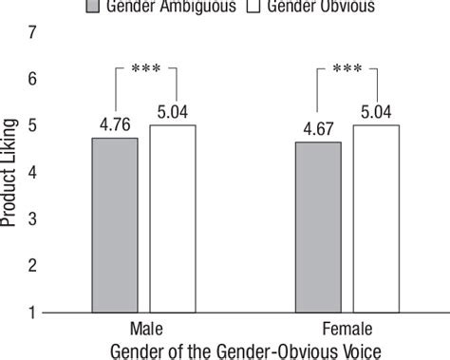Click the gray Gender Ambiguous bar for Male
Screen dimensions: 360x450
pos(115,224)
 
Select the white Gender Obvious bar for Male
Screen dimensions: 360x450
pos(172,218)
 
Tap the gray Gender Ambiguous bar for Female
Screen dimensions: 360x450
pos(319,226)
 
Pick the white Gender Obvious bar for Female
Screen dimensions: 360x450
pos(376,218)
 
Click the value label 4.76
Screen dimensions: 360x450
pos(115,122)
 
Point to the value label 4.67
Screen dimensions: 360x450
pos(319,125)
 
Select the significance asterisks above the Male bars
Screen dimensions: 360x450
pos(143,68)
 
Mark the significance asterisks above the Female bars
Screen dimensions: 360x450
pos(348,68)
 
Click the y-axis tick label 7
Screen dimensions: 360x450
pos(35,33)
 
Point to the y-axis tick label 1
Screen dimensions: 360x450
pos(35,313)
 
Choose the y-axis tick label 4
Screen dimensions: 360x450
pos(35,173)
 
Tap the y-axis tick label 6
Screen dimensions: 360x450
pos(35,80)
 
